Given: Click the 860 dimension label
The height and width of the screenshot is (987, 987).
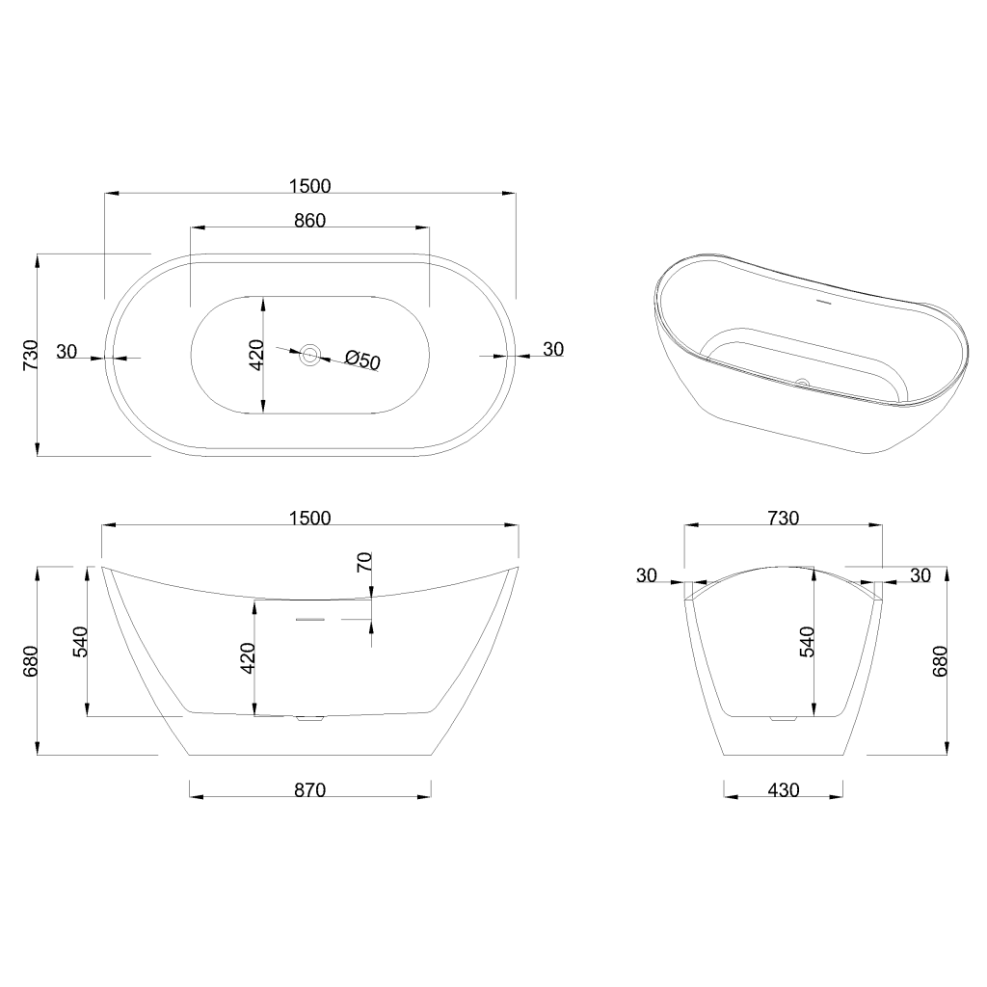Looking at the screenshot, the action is (x=309, y=221).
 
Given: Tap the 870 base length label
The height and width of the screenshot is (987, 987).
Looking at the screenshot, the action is (x=309, y=790).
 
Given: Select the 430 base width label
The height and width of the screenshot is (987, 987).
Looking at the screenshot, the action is (x=783, y=790).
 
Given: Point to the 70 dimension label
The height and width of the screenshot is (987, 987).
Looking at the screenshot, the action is (x=364, y=562).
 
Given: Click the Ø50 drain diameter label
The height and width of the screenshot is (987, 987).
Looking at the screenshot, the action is (x=363, y=360).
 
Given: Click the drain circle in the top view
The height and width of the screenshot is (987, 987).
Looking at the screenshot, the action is (x=309, y=355).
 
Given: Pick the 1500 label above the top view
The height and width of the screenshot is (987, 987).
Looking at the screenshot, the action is (x=309, y=186).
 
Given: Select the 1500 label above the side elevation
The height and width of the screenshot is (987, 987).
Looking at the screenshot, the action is (x=309, y=518).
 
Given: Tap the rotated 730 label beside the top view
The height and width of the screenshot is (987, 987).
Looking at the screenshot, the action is (x=30, y=355).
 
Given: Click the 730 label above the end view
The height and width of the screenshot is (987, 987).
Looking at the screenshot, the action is (x=783, y=518).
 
